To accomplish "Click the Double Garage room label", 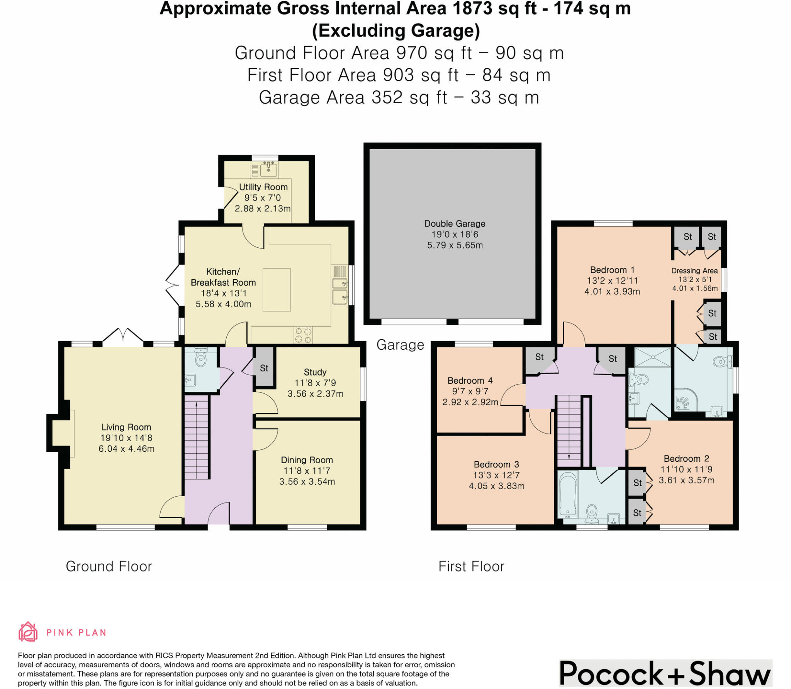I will tap(455, 224).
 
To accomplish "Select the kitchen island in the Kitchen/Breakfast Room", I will tap(277, 290).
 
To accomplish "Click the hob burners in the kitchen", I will tap(303, 335).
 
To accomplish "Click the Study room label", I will tap(315, 372).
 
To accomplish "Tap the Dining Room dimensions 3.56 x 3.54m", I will tap(307, 481).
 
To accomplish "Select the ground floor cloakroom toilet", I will tap(200, 358).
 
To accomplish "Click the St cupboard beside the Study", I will tap(264, 368).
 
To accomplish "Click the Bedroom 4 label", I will tap(470, 381).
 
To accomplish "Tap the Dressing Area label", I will tap(694, 270).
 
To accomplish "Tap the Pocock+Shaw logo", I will tap(665, 674).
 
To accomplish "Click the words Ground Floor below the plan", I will tap(109, 567).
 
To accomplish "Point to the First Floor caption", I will tap(471, 567).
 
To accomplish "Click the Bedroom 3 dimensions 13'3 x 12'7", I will tap(496, 475).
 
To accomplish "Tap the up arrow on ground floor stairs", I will tap(197, 405).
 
